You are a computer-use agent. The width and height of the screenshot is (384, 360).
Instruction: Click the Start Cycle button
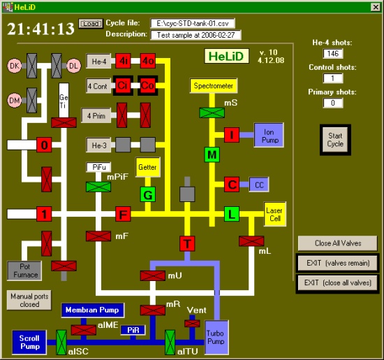point(335,140)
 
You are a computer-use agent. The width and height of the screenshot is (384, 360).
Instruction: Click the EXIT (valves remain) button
point(338,263)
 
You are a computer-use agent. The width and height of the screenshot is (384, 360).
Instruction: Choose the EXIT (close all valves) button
point(338,283)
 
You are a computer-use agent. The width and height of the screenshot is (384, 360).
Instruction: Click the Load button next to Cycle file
point(91,24)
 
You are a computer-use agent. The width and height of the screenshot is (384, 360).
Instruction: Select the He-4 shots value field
point(333,53)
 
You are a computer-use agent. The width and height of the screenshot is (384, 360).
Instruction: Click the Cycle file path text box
point(193,23)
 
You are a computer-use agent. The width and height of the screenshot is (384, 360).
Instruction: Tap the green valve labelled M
point(212,154)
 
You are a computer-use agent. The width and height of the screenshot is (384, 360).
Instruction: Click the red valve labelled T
point(187,244)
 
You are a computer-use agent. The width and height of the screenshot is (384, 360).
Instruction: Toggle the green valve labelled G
point(148,194)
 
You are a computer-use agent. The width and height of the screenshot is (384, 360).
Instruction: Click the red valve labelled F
point(123,214)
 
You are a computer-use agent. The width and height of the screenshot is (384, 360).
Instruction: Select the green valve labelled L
point(232,214)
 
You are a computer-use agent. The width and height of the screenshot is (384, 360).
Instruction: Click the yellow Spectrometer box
point(214,85)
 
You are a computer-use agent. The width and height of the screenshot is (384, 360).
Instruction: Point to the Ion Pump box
point(269,135)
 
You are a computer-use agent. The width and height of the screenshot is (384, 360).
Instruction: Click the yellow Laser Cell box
point(275,214)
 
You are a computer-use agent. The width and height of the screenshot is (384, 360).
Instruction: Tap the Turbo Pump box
point(216,338)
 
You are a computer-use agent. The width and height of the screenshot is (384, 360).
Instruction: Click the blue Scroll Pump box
point(29,343)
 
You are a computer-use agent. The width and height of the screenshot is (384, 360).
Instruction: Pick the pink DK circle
point(15,66)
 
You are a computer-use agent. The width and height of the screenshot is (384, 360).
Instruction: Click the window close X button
point(376,7)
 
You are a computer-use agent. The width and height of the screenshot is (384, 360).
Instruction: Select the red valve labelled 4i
point(123,61)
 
